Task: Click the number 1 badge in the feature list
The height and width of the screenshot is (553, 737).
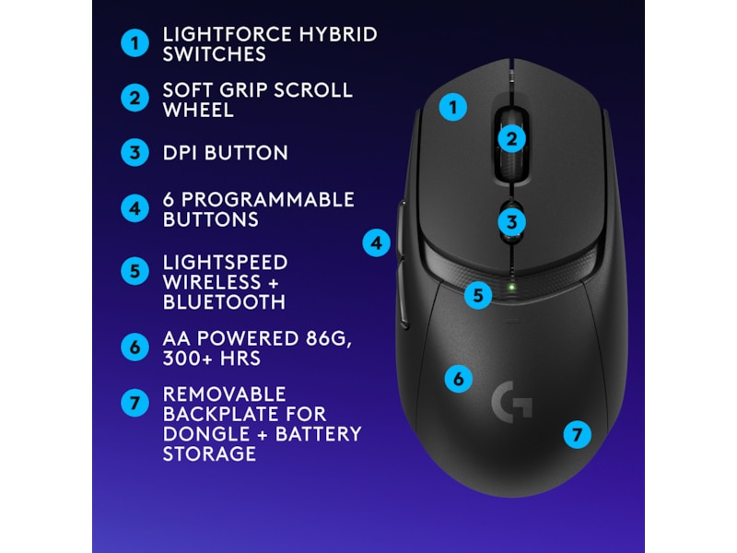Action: click(x=135, y=43)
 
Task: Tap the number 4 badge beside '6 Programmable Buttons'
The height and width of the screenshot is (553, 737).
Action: click(x=135, y=208)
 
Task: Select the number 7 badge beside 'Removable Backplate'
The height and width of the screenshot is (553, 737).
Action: click(x=135, y=403)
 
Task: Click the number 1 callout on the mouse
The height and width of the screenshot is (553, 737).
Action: click(x=451, y=108)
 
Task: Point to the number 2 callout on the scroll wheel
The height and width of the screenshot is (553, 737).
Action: click(x=513, y=139)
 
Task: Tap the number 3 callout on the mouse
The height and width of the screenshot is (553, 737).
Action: click(x=513, y=221)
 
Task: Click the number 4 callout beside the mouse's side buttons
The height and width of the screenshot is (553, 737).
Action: click(x=376, y=243)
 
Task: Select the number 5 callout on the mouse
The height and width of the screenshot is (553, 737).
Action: click(x=477, y=295)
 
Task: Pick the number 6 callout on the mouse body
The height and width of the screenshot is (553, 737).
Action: click(x=458, y=378)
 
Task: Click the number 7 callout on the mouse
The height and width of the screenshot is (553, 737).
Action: click(x=577, y=434)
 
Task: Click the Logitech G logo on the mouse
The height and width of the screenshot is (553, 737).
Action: click(x=511, y=401)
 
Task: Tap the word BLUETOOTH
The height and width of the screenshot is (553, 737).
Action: click(x=224, y=302)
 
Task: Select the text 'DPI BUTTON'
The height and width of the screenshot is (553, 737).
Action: click(x=226, y=153)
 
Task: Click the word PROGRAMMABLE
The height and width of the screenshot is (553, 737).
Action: click(x=267, y=200)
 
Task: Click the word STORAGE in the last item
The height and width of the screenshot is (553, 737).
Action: click(x=209, y=453)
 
